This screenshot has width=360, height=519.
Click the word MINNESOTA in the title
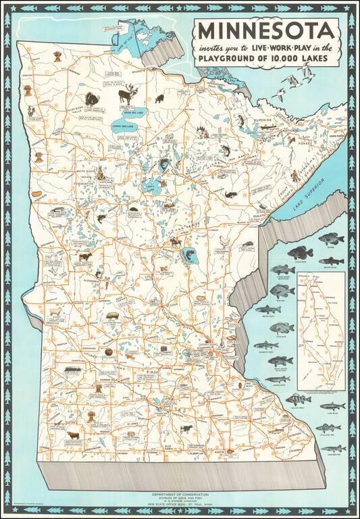pos(265,31)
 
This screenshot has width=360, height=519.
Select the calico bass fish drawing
pos(301,253)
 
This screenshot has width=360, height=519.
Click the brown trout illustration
pos(332,261)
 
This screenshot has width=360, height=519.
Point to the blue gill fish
pos(283,291)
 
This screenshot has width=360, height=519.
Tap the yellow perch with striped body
pos(298,399)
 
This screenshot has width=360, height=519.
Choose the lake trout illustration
pos(332,406)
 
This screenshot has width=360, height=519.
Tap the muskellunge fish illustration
pos(332,448)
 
